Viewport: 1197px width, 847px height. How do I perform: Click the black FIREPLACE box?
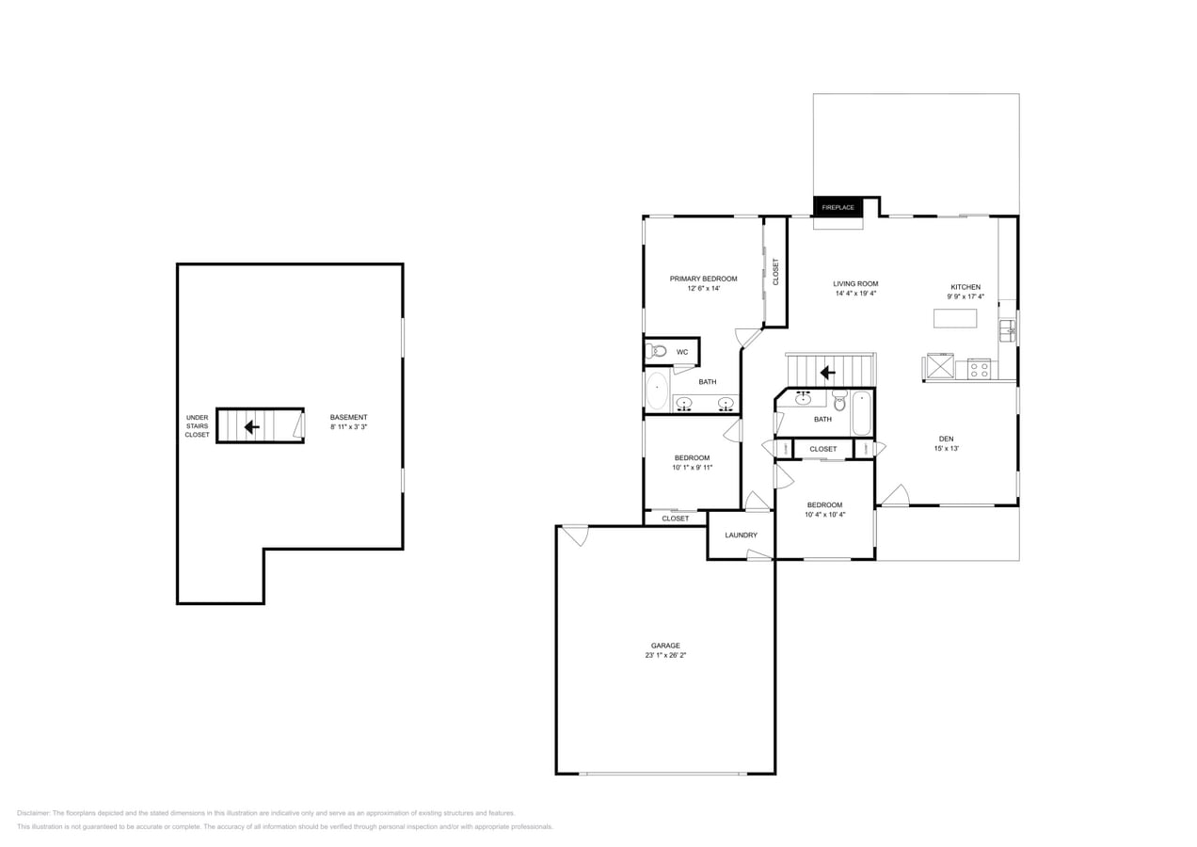[x=838, y=207]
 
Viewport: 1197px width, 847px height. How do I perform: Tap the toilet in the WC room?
[x=656, y=351]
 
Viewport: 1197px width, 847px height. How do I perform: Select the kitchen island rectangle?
[x=954, y=318]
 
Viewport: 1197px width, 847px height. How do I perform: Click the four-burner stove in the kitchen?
[x=979, y=369]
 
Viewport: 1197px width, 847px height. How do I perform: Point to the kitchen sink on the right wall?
[x=1007, y=330]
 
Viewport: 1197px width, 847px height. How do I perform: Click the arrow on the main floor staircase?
[x=827, y=373]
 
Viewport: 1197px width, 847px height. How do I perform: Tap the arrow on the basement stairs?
[x=251, y=426]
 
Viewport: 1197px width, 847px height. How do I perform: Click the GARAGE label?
[x=665, y=646]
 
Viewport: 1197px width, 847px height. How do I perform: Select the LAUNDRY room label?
[x=741, y=535]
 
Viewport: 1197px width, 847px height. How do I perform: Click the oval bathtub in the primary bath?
[x=657, y=390]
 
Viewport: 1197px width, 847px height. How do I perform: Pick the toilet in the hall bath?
[x=839, y=401]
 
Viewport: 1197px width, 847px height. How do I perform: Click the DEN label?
[x=946, y=439]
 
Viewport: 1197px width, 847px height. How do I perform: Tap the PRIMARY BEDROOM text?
[x=703, y=279]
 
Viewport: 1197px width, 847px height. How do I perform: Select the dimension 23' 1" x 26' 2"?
[x=665, y=655]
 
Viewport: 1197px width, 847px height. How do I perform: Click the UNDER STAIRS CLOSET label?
[x=197, y=426]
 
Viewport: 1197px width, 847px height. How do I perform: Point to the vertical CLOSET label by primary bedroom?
[x=776, y=272]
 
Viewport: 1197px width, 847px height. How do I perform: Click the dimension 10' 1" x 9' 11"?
[x=692, y=467]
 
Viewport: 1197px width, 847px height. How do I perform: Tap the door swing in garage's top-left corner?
[x=575, y=535]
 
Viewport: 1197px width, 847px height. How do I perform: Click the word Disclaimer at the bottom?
[x=34, y=813]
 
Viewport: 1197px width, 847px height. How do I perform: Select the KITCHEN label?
[x=966, y=287]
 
